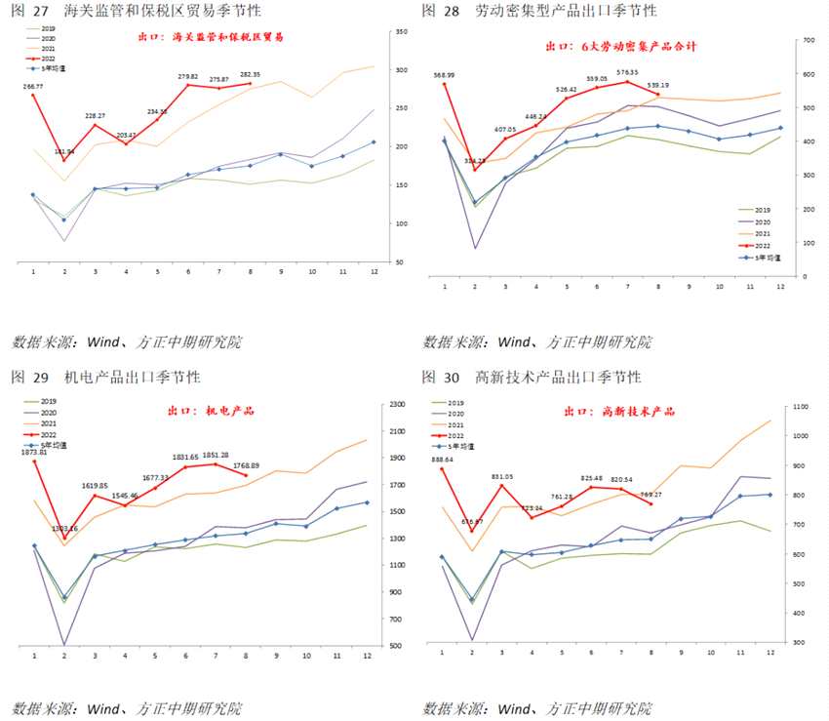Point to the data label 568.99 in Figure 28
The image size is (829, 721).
(x=445, y=74)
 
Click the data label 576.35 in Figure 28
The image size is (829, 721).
(x=627, y=71)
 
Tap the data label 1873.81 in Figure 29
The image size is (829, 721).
(x=33, y=452)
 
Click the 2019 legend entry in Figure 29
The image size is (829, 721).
(x=48, y=402)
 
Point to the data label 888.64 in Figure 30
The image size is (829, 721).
(x=442, y=459)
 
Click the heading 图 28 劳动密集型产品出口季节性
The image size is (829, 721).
(x=539, y=11)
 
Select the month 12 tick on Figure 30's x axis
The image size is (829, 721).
(x=770, y=653)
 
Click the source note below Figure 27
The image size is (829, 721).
(x=127, y=342)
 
